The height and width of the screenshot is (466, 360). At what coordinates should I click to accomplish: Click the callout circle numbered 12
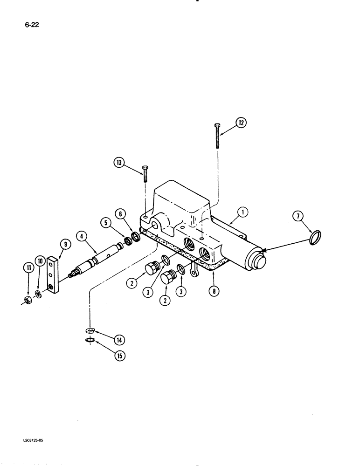coord(241,123)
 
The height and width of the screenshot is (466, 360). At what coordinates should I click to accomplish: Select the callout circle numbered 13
coord(120,163)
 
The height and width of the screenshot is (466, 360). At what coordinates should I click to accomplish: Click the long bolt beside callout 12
coord(217,136)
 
